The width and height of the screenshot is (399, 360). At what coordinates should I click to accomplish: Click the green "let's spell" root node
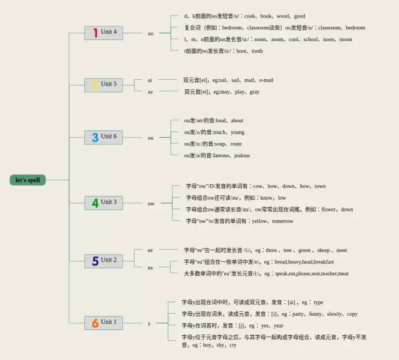click(x=28, y=180)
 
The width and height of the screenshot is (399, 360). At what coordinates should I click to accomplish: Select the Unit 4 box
click(x=103, y=32)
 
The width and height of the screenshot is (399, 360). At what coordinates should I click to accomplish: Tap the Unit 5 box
click(x=103, y=85)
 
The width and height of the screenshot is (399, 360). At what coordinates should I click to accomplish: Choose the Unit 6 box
click(x=103, y=137)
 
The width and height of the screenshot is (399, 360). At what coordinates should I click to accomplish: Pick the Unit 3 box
click(x=103, y=202)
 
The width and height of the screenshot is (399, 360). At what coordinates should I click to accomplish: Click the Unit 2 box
click(x=103, y=260)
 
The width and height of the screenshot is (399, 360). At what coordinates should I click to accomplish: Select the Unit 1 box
click(x=103, y=323)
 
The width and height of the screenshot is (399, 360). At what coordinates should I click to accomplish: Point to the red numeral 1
click(x=95, y=32)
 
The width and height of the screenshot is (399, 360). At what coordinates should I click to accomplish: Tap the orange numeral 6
click(x=95, y=323)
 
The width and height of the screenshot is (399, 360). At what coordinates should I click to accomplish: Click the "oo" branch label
click(x=150, y=34)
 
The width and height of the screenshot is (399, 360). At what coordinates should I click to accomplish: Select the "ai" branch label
click(x=150, y=80)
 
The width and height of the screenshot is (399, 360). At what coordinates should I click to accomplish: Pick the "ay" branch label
click(x=150, y=92)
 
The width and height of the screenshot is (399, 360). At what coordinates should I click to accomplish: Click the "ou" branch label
click(x=150, y=138)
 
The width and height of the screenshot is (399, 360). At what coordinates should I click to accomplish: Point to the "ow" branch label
click(x=151, y=203)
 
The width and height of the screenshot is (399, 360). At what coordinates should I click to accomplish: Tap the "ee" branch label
click(x=150, y=250)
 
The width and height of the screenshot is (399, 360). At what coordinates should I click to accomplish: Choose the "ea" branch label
click(x=150, y=268)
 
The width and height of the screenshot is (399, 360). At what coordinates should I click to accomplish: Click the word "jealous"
click(x=242, y=155)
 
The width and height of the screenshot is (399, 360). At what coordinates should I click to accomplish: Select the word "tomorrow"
click(x=282, y=221)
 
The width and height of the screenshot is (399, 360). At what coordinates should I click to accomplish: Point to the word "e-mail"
click(x=266, y=80)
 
